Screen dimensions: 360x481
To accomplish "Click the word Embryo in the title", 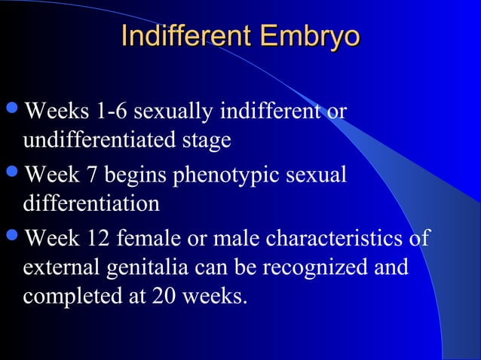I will pos(308,37).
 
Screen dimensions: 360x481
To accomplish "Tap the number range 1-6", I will pos(117,112).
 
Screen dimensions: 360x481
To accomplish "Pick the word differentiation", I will pos(91,203).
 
